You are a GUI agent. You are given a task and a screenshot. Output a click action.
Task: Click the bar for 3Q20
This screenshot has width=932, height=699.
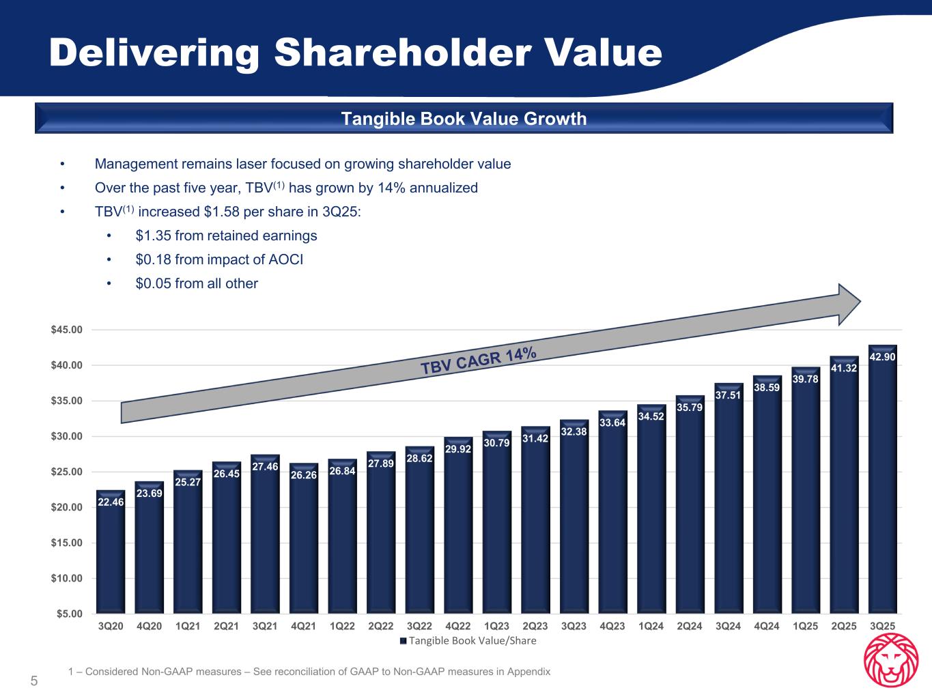pyautogui.click(x=111, y=553)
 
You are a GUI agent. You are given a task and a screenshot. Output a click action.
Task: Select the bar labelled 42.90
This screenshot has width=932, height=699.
pyautogui.click(x=882, y=478)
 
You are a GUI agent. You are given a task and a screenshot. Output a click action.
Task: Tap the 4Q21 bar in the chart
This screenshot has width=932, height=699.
pyautogui.click(x=304, y=539)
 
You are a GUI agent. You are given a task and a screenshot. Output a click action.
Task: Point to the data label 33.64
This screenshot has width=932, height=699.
pyautogui.click(x=612, y=423)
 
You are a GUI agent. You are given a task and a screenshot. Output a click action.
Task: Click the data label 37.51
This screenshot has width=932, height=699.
pyautogui.click(x=729, y=396)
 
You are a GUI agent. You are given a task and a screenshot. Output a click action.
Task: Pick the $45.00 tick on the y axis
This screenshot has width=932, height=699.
pyautogui.click(x=66, y=330)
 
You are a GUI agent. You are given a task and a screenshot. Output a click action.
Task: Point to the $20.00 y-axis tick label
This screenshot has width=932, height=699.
pyautogui.click(x=66, y=507)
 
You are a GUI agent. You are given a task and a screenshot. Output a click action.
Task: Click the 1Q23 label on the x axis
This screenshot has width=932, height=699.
pyautogui.click(x=496, y=626)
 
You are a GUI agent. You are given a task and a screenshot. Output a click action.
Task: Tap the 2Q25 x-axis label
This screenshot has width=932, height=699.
pyautogui.click(x=843, y=626)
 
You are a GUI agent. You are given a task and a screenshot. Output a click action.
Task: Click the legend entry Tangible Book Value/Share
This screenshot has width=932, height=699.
pyautogui.click(x=468, y=641)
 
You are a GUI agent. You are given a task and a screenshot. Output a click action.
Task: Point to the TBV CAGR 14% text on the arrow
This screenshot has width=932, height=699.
pyautogui.click(x=479, y=360)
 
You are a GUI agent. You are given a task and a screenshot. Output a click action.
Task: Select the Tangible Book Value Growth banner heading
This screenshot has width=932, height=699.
pyautogui.click(x=464, y=119)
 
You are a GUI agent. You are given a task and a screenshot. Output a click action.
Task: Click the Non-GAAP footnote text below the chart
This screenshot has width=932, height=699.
pyautogui.click(x=309, y=672)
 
